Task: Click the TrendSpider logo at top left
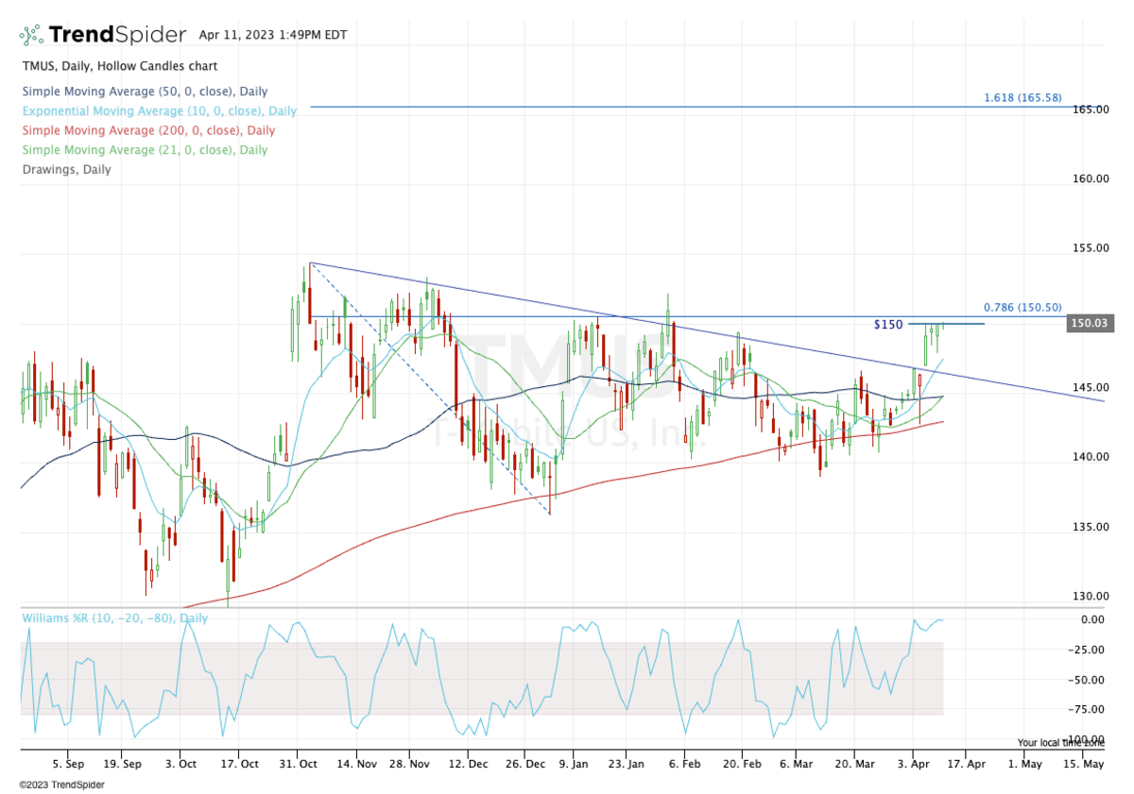tap(103, 36)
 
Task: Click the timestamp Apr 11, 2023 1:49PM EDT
tap(273, 36)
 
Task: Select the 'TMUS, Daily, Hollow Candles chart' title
tap(119, 66)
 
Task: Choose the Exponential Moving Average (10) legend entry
tap(159, 110)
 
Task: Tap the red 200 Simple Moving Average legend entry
tap(147, 130)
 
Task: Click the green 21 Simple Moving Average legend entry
tap(144, 149)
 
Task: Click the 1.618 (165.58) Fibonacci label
tap(1022, 97)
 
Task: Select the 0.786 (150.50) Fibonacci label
tap(1022, 308)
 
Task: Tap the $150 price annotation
tap(887, 325)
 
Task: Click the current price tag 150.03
tap(1087, 323)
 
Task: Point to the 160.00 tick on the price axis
tap(1089, 178)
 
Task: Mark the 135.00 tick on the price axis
tap(1089, 527)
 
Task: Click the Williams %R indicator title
tap(113, 617)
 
